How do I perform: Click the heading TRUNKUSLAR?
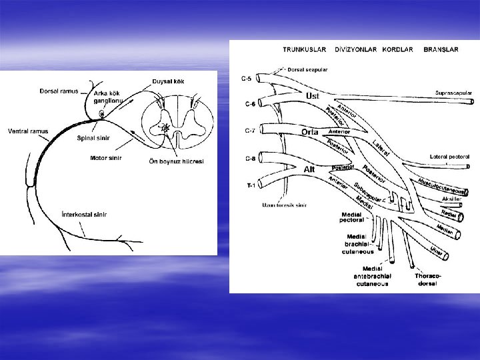[304, 49]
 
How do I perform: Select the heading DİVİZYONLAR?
[356, 49]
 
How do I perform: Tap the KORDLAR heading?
[398, 49]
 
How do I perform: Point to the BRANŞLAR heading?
[441, 49]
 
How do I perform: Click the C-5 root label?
[246, 79]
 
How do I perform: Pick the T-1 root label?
[247, 186]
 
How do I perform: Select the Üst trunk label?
[312, 96]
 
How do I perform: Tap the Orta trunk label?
[309, 132]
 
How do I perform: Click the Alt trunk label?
[309, 169]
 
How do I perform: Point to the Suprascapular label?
[454, 93]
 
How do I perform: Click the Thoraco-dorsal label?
[427, 279]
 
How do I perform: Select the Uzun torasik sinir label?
[283, 205]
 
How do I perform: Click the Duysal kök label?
[169, 81]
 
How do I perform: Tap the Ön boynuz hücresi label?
[176, 161]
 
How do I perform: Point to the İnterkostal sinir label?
[84, 215]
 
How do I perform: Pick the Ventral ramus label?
[26, 131]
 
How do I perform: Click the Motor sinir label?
[106, 158]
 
